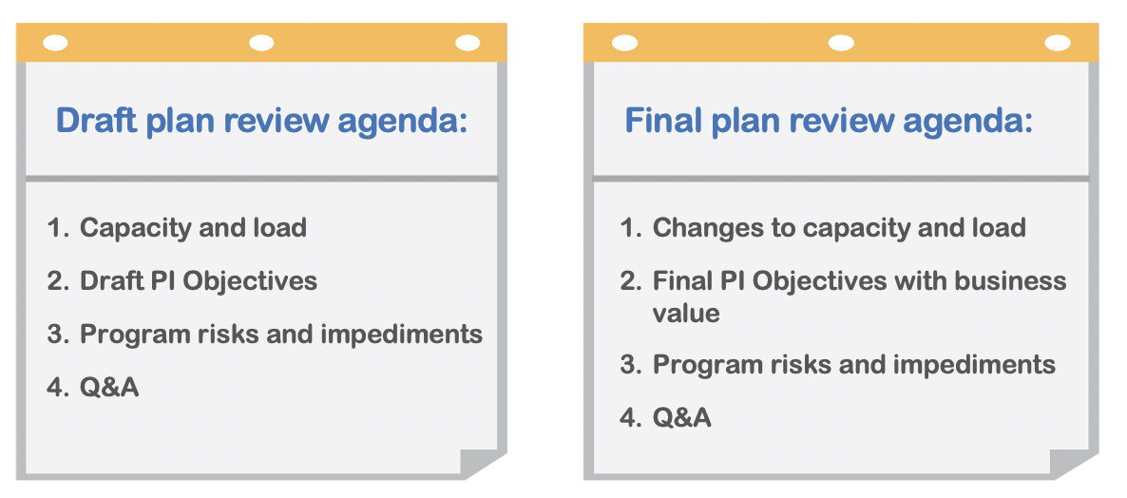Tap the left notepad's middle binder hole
coord(261,43)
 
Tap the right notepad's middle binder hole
coord(841,43)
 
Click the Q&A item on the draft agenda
coord(109,388)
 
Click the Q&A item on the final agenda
coord(682,417)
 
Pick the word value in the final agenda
coord(686,313)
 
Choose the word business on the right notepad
coord(1010,281)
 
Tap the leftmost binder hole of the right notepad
coord(624,43)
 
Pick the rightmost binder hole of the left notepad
coord(468,43)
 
